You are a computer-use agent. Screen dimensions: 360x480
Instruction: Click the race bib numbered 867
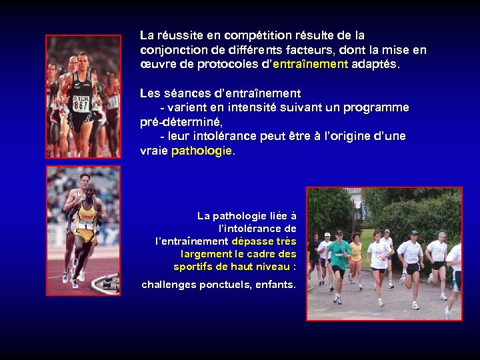[81, 103]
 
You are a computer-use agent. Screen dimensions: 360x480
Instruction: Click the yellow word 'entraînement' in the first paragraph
[311, 65]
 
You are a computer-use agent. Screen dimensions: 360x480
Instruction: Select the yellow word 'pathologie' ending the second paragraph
[201, 151]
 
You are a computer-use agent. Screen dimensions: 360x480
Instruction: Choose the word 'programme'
[377, 107]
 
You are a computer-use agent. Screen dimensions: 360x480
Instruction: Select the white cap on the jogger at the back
[327, 235]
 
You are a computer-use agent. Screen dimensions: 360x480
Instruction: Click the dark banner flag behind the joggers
[363, 207]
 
